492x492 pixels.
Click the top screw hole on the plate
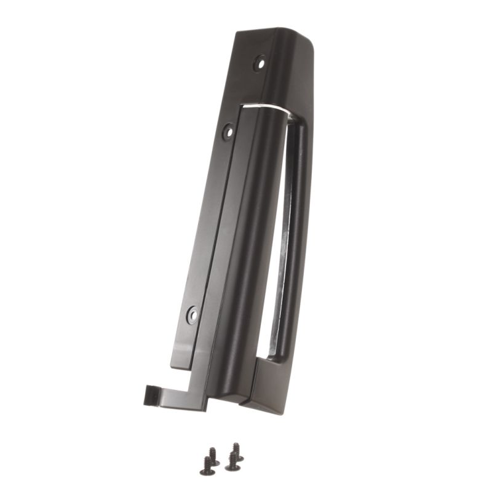click(x=260, y=62)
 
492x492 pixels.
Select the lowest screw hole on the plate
click(x=192, y=315)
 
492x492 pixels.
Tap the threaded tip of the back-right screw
click(x=235, y=445)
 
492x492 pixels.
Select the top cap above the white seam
click(x=283, y=68)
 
